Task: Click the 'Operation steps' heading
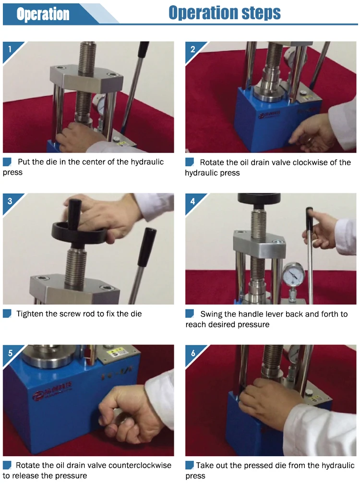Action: (x=225, y=13)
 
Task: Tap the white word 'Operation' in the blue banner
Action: (x=43, y=14)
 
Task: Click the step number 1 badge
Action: (x=10, y=49)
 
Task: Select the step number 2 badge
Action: (x=192, y=49)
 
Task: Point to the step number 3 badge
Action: (x=10, y=201)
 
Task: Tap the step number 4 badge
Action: (x=192, y=201)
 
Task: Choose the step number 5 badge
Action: (x=10, y=353)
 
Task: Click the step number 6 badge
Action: (x=192, y=353)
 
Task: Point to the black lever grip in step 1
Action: (x=143, y=50)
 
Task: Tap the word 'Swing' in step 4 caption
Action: (x=210, y=314)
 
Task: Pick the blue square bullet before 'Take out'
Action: (x=190, y=465)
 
